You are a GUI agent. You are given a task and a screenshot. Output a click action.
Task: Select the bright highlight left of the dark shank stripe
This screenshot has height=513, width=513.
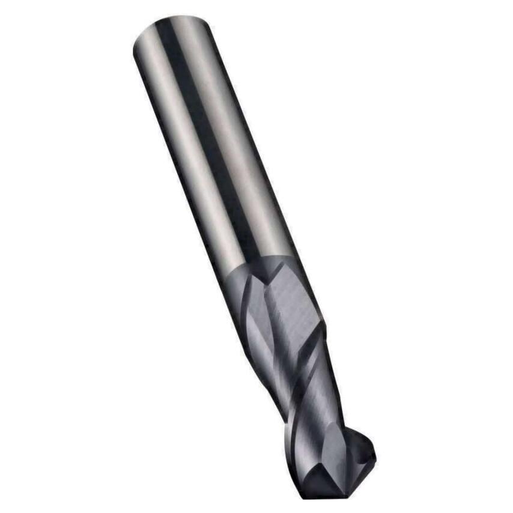(174, 138)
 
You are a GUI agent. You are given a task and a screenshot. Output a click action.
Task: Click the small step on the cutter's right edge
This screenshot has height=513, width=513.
(324, 325)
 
